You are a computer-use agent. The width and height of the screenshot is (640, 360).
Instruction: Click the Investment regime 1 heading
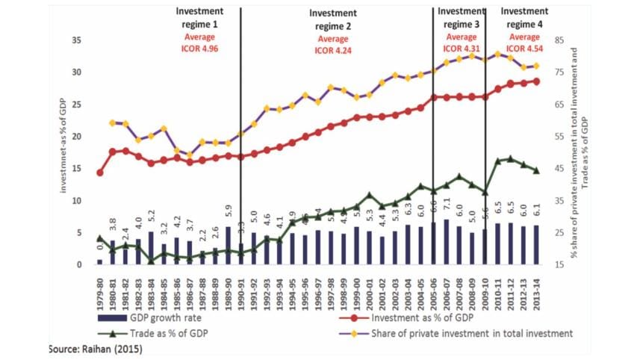point(202,16)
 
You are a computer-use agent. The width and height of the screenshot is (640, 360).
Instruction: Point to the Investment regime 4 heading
point(524,16)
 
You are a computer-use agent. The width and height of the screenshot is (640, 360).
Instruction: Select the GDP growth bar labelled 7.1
point(447,242)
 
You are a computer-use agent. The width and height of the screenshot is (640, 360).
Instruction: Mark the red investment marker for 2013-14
point(536,81)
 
